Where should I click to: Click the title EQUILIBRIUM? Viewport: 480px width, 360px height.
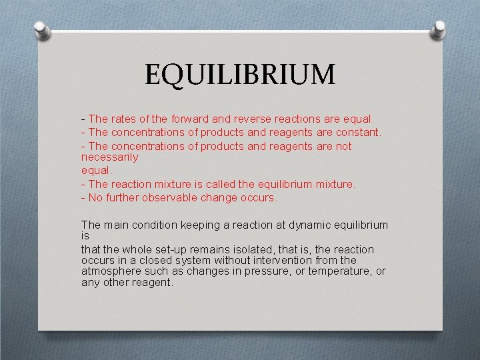[240, 74]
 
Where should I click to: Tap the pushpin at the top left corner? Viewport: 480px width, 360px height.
[41, 30]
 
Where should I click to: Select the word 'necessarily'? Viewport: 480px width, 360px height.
[109, 157]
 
